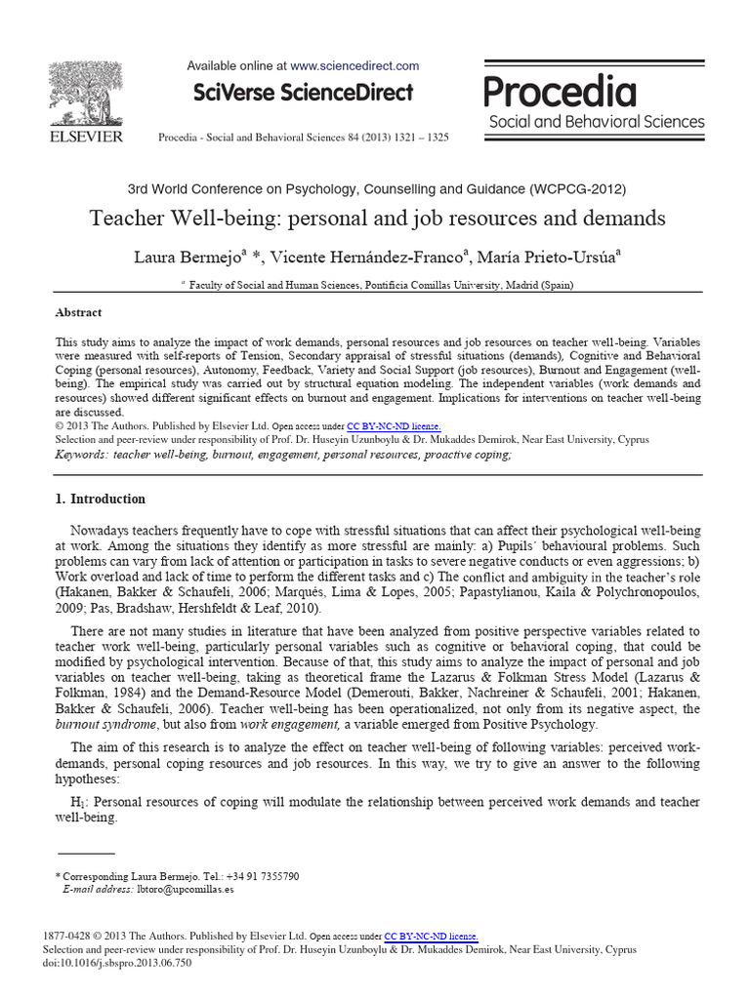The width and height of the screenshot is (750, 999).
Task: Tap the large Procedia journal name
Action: coord(561,92)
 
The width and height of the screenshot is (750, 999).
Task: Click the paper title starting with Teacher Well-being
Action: coord(377,219)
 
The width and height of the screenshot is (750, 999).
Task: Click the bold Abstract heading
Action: coord(78,313)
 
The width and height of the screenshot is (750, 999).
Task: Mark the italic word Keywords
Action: coord(82,455)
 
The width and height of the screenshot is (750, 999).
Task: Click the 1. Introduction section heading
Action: coord(101,499)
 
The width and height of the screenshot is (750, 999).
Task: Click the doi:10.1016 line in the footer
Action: coord(117,962)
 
